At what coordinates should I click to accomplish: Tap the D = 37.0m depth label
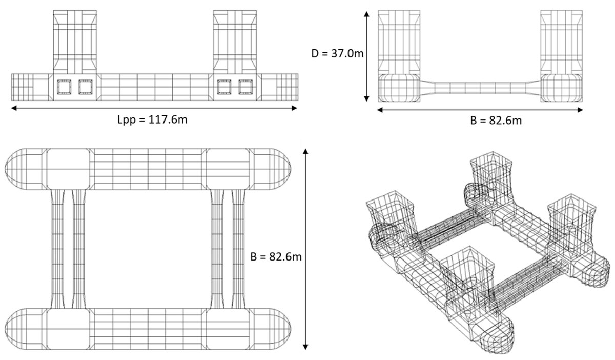click(x=338, y=53)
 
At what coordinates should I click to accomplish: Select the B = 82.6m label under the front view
click(x=497, y=121)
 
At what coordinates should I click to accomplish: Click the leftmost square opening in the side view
click(x=64, y=87)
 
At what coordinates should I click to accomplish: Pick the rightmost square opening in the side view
click(x=246, y=87)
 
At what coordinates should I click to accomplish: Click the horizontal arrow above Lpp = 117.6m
click(x=154, y=108)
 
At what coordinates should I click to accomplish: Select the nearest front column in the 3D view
click(x=467, y=279)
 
